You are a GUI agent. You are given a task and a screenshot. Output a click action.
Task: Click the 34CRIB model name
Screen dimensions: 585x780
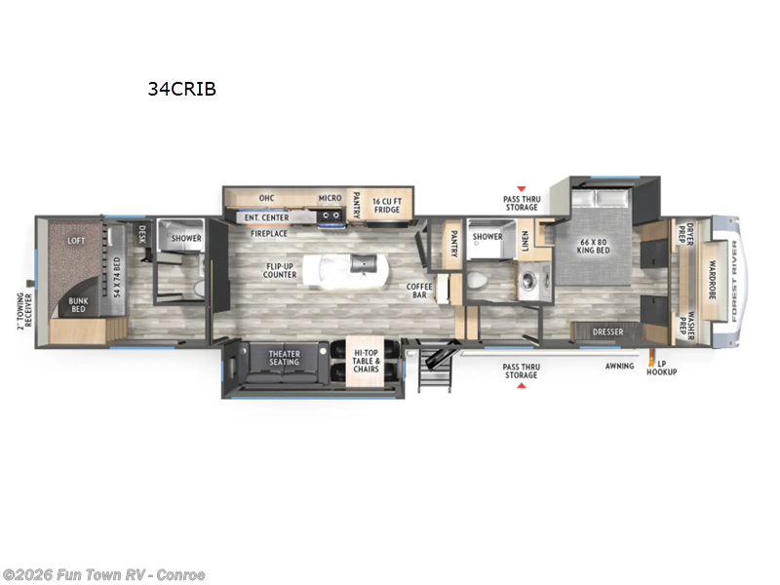(181, 89)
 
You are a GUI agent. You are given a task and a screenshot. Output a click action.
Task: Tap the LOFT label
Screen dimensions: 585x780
(76, 240)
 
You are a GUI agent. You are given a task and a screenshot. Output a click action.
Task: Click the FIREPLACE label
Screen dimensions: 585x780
(267, 234)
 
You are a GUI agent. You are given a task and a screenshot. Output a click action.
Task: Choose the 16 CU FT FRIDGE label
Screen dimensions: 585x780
(387, 203)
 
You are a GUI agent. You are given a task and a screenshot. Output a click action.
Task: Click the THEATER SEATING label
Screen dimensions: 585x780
(285, 357)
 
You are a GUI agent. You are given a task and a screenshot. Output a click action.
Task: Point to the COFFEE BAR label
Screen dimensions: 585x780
(419, 291)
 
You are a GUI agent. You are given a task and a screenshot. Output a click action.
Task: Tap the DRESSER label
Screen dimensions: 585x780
(607, 332)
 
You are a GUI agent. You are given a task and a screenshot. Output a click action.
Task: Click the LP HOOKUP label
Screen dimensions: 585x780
(667, 369)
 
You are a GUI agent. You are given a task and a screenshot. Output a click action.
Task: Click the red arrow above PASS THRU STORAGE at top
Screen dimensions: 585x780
(521, 188)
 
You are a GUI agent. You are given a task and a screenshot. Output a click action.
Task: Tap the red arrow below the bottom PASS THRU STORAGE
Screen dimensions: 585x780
(521, 386)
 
